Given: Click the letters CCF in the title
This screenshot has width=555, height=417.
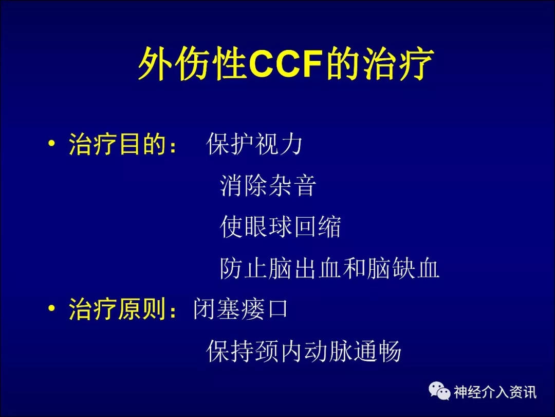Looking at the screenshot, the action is pyautogui.click(x=286, y=64).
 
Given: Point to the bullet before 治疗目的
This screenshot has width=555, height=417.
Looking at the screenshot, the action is pyautogui.click(x=52, y=143).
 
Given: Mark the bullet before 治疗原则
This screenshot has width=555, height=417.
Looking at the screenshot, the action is pyautogui.click(x=52, y=308).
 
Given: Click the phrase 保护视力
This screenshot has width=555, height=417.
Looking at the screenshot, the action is pyautogui.click(x=254, y=144).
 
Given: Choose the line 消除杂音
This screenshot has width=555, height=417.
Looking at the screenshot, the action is pyautogui.click(x=268, y=185).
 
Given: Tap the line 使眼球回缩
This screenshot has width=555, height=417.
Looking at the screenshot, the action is pyautogui.click(x=280, y=227).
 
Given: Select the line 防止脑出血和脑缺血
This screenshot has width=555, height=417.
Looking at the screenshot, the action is pyautogui.click(x=329, y=268).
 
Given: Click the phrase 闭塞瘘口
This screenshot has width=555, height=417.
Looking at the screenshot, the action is pyautogui.click(x=240, y=309).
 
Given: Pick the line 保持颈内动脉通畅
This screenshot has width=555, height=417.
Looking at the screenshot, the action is pyautogui.click(x=304, y=351).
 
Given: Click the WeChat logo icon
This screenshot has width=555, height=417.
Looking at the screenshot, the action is pyautogui.click(x=439, y=391).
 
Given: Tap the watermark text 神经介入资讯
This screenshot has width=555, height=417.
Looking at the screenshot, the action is pyautogui.click(x=495, y=392).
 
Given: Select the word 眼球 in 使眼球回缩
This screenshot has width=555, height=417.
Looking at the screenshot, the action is pyautogui.click(x=268, y=227).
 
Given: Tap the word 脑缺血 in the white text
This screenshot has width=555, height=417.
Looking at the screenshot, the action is pyautogui.click(x=403, y=268).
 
